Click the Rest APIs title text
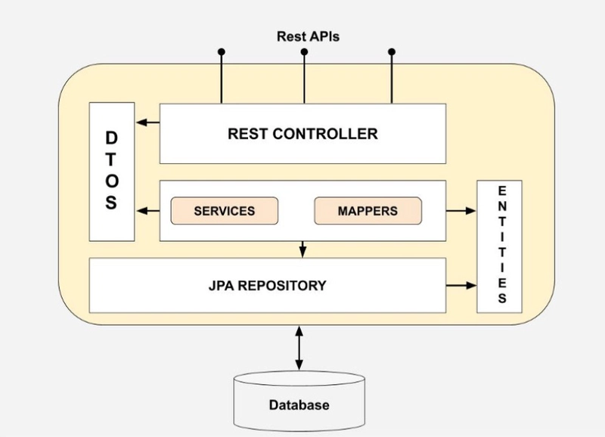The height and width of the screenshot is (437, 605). [308, 36]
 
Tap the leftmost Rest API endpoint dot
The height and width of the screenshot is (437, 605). [221, 51]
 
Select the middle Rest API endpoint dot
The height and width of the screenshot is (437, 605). [304, 51]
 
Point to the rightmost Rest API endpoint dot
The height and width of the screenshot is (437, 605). [392, 51]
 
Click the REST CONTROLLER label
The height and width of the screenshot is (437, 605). [303, 134]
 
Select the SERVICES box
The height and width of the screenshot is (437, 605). [224, 211]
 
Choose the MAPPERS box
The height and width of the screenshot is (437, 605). [368, 211]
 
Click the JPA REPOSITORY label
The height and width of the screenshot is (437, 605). [268, 286]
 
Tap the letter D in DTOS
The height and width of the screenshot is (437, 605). [111, 138]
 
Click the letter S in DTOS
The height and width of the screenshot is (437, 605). [111, 203]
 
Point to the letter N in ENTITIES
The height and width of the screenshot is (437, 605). [502, 206]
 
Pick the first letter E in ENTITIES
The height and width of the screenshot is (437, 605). [502, 191]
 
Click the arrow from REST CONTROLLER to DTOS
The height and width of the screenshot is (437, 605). [148, 122]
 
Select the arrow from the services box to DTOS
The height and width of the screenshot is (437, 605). [148, 211]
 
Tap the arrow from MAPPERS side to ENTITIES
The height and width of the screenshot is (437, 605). [461, 211]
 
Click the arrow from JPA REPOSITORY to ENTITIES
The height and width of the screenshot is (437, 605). [461, 286]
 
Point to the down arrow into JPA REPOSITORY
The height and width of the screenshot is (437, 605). [303, 249]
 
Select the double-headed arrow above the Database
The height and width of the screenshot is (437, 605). [299, 348]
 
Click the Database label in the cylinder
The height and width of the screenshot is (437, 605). [299, 405]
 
